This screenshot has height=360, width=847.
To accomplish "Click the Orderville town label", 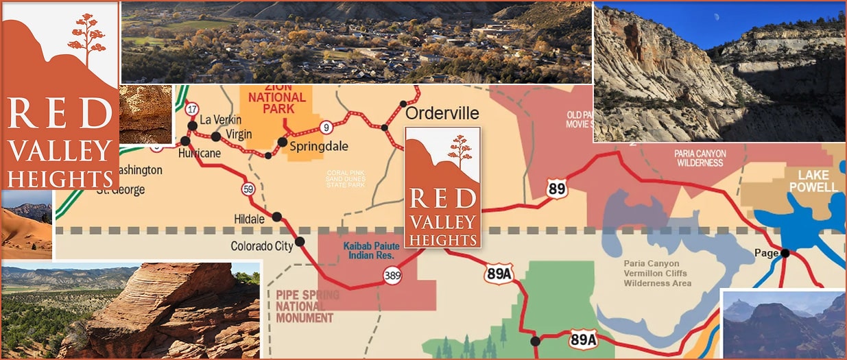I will pyautogui.click(x=442, y=112).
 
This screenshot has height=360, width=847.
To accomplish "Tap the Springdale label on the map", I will pyautogui.click(x=319, y=146).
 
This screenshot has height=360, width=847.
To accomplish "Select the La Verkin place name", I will pyautogui.click(x=221, y=121).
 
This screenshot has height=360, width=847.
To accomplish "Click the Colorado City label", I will pyautogui.click(x=261, y=245).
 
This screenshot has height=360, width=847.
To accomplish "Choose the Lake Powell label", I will pyautogui.click(x=813, y=182).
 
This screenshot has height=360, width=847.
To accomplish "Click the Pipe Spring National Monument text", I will pyautogui.click(x=307, y=307).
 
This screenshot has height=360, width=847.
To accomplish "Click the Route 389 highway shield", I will pyautogui.click(x=392, y=276).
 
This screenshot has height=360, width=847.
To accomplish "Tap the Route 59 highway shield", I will pyautogui.click(x=248, y=189).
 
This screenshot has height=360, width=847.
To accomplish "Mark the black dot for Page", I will pyautogui.click(x=785, y=253).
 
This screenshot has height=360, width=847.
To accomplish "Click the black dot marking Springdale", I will pyautogui.click(x=282, y=142).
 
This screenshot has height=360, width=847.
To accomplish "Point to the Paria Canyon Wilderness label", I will pyautogui.click(x=700, y=158).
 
